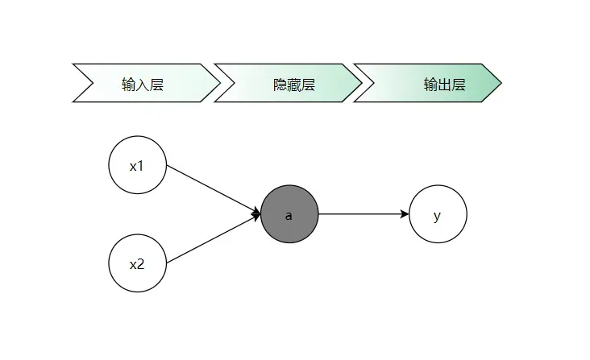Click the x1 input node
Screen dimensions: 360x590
(x=137, y=166)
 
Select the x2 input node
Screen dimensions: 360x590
(x=137, y=263)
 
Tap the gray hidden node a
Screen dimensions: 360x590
(x=289, y=214)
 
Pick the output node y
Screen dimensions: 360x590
(x=438, y=214)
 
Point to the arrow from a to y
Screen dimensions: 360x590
(x=363, y=214)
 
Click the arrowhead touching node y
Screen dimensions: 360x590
(x=405, y=214)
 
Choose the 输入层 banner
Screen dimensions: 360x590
(x=145, y=84)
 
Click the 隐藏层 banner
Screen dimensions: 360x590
(x=286, y=84)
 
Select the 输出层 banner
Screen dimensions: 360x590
(x=427, y=84)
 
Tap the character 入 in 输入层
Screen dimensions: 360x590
(x=143, y=85)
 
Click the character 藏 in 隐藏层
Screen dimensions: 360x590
(x=293, y=85)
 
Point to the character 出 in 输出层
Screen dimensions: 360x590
(x=445, y=85)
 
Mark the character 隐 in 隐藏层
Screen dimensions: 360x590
(x=280, y=85)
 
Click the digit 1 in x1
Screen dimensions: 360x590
(x=140, y=167)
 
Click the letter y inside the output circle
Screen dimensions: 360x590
(x=438, y=215)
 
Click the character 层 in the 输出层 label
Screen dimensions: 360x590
(x=459, y=85)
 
